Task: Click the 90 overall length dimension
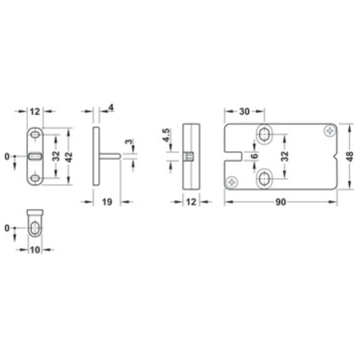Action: [x=281, y=202]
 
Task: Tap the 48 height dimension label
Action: [x=350, y=156]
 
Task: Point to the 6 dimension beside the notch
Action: [x=255, y=156]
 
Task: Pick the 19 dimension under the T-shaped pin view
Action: [x=107, y=202]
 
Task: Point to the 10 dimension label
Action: [x=35, y=250]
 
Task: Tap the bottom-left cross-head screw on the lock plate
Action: [x=233, y=182]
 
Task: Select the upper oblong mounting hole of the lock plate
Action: [x=264, y=134]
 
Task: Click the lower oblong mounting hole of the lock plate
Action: [x=264, y=179]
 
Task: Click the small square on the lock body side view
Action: [x=189, y=156]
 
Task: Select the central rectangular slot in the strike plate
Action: [x=35, y=156]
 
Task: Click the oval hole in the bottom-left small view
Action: [x=34, y=228]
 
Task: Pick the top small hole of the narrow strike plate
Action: [x=35, y=134]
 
